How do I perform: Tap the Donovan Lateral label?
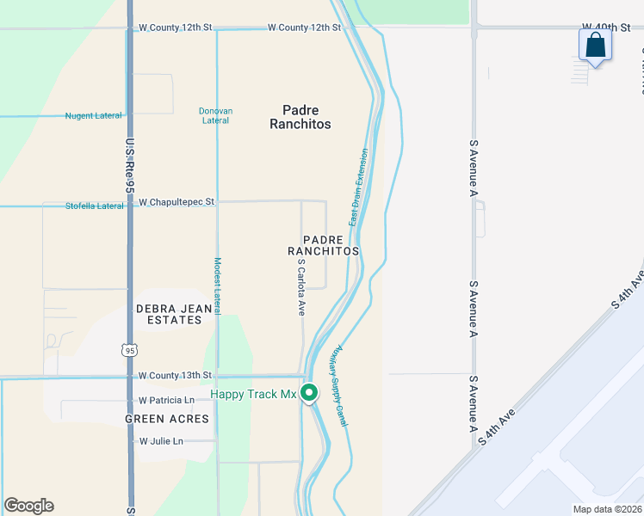(x=215, y=115)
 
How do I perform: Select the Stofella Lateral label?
(x=95, y=206)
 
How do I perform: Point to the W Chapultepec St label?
(x=176, y=202)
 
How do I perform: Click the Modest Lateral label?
(x=218, y=284)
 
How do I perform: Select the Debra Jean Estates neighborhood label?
(x=169, y=314)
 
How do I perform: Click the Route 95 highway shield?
(x=129, y=350)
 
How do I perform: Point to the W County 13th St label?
(x=175, y=375)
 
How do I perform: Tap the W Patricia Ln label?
(x=167, y=400)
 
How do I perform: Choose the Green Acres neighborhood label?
(x=167, y=419)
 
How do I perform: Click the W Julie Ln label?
(x=161, y=441)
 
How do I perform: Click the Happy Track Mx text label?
(x=253, y=395)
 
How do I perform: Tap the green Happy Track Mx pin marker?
(x=309, y=392)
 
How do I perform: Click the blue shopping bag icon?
(x=595, y=45)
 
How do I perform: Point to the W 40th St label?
(x=606, y=28)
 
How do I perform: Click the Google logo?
(x=28, y=506)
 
